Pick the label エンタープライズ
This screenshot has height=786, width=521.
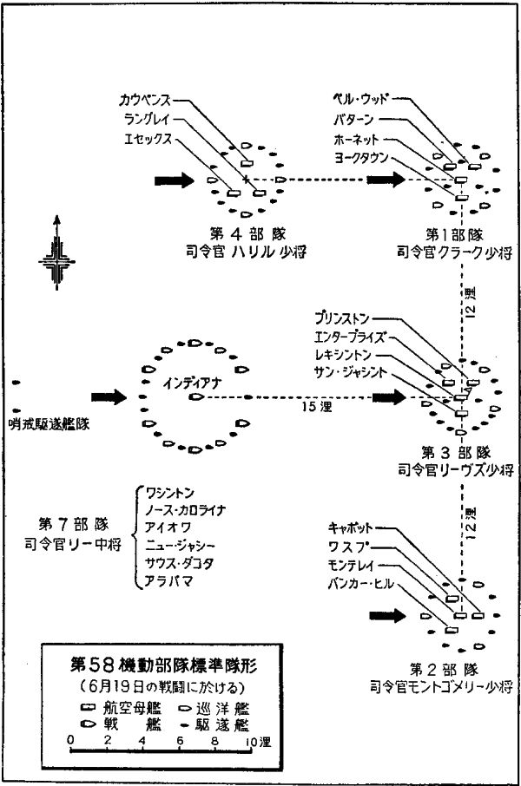click(x=357, y=336)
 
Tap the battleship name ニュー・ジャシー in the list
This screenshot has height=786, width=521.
click(x=180, y=545)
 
